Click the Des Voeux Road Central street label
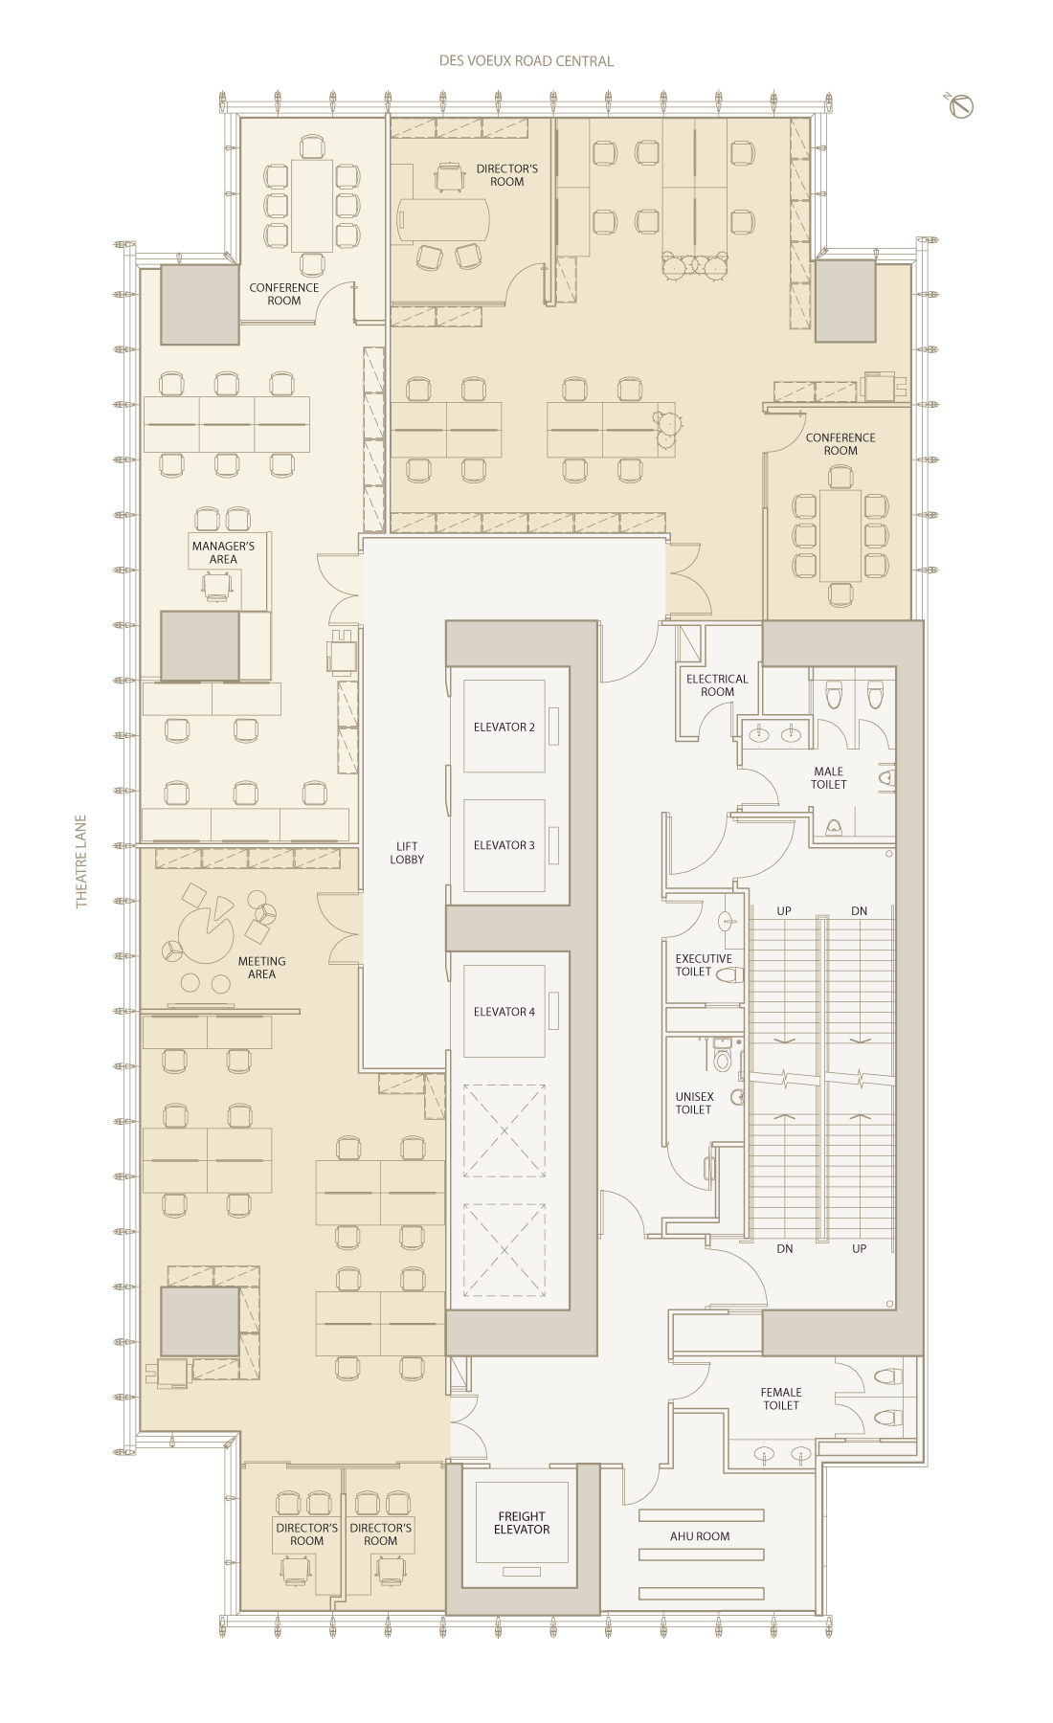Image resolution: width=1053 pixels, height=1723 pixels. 526,61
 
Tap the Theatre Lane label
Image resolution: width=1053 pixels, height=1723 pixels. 81,861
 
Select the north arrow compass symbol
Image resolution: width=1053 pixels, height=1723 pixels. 960,105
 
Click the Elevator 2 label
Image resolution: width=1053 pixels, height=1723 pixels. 504,727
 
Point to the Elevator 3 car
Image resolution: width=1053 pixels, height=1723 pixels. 504,845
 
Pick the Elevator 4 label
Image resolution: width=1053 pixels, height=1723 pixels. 504,1012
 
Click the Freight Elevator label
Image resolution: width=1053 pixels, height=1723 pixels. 522,1523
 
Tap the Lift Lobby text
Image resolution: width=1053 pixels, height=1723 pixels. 407,853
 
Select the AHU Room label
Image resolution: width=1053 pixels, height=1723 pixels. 700,1536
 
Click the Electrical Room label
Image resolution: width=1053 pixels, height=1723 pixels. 717,685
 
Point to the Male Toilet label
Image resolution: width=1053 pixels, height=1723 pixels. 829,778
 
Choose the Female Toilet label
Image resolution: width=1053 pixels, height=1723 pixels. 781,1399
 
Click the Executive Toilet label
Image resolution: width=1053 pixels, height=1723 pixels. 704,965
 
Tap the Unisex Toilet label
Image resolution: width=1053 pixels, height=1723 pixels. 694,1104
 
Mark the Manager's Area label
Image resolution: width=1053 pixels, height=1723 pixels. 223,552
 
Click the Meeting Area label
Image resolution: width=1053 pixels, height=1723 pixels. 261,968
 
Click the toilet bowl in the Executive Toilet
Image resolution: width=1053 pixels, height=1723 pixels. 729,975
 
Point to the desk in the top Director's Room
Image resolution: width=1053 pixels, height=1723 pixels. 443,219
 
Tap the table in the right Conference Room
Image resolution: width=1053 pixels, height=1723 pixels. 840,536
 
